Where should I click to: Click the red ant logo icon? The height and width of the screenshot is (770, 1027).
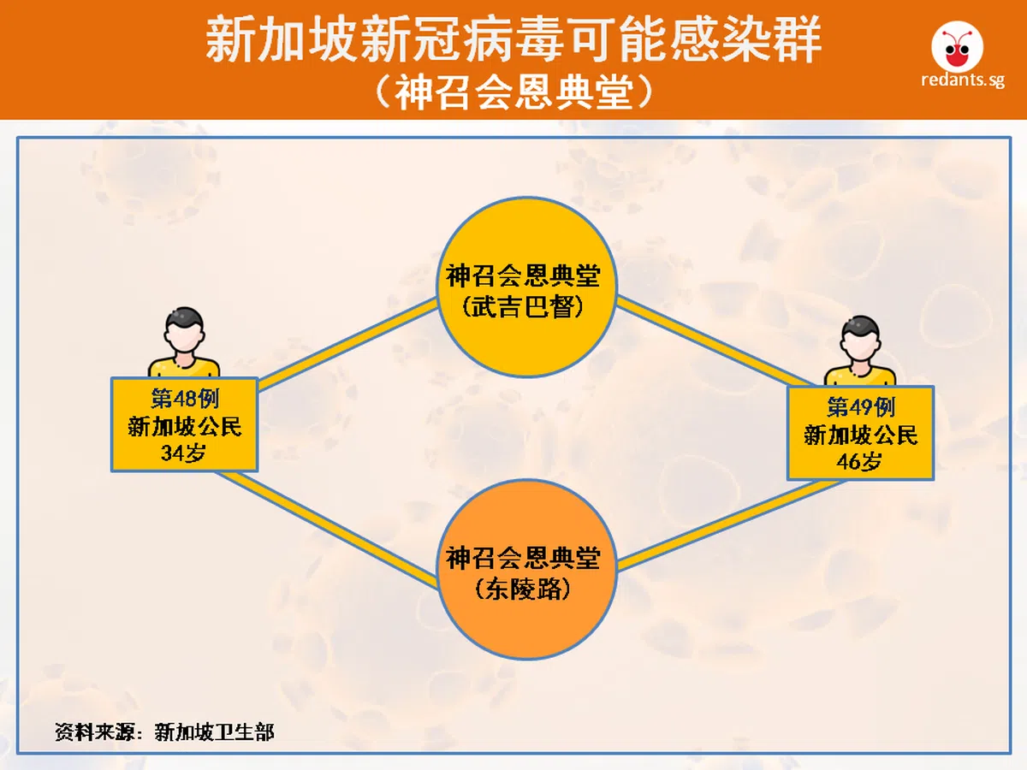pyautogui.click(x=958, y=47)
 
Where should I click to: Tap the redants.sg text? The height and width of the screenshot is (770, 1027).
pyautogui.click(x=963, y=80)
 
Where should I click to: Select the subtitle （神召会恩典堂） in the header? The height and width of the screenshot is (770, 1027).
pyautogui.click(x=513, y=92)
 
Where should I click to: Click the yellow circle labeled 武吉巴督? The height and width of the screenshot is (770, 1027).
pyautogui.click(x=526, y=287)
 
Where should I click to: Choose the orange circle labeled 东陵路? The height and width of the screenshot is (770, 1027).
pyautogui.click(x=526, y=569)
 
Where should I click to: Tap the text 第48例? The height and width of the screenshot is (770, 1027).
pyautogui.click(x=185, y=399)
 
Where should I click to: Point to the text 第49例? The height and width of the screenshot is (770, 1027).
pyautogui.click(x=861, y=407)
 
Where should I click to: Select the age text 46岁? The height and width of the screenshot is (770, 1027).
pyautogui.click(x=859, y=461)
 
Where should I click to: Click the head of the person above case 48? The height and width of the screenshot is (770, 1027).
pyautogui.click(x=184, y=329)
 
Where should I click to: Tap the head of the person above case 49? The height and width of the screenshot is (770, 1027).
pyautogui.click(x=860, y=339)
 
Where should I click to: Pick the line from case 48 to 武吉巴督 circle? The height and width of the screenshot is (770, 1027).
pyautogui.click(x=347, y=345)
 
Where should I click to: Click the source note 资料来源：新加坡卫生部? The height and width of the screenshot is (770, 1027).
pyautogui.click(x=164, y=732)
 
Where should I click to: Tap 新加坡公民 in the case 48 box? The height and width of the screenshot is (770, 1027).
pyautogui.click(x=185, y=426)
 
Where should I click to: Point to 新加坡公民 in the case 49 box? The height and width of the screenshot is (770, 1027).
pyautogui.click(x=861, y=435)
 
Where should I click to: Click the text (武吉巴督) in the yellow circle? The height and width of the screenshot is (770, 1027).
pyautogui.click(x=523, y=307)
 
